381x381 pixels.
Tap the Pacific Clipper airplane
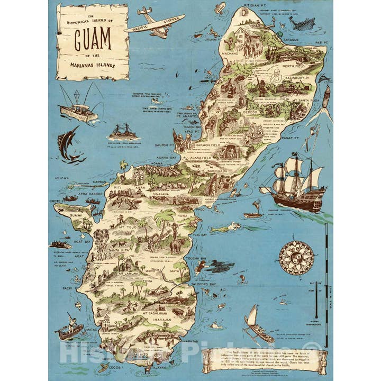tap(153, 23)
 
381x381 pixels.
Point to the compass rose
tap(296, 258)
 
